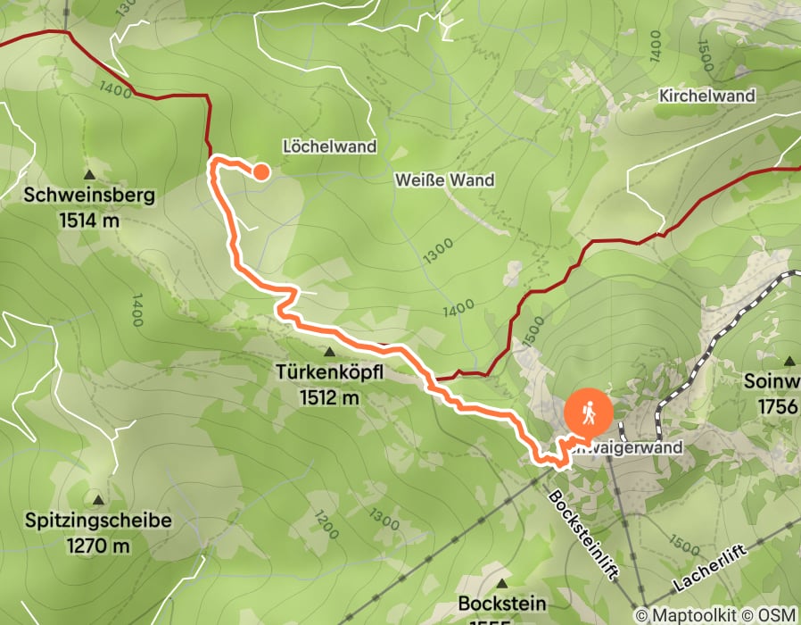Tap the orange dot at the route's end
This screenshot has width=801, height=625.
pos(261,172)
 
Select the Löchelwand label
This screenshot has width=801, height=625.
pos(329,146)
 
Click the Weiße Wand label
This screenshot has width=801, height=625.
pos(444,180)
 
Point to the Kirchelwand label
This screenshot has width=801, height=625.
pos(707,96)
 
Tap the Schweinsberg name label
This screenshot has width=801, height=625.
pos(90,195)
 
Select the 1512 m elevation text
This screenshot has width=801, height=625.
pos(331,396)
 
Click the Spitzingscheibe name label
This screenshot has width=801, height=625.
pos(98,521)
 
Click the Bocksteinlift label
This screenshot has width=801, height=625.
pos(582,535)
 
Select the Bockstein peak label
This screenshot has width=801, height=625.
pos(502,604)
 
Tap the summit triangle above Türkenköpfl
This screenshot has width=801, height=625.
pos(330,354)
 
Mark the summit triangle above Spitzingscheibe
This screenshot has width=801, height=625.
pos(97,500)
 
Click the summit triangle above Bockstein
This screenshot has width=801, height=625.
pos(502,582)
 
